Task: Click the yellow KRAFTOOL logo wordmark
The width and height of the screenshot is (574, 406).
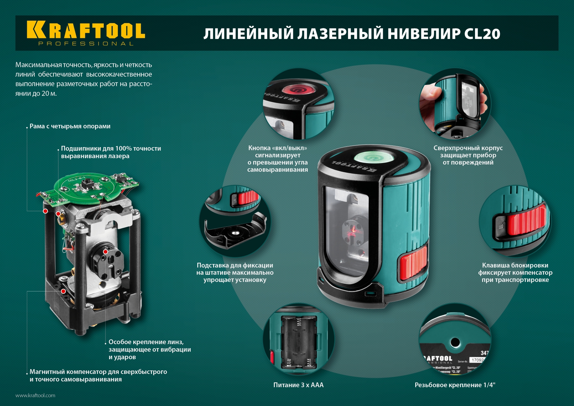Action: (x=86, y=30)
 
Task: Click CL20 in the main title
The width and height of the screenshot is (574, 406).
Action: (x=482, y=34)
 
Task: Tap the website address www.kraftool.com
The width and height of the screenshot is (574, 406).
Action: (x=35, y=395)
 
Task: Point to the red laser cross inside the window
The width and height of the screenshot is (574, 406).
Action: (x=353, y=230)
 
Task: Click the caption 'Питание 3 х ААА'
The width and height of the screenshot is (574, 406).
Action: (x=298, y=385)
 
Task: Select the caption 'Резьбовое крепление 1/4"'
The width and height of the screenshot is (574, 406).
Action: (x=455, y=385)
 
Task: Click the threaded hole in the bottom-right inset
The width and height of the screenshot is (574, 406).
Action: (x=455, y=342)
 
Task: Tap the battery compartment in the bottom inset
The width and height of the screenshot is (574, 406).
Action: (x=298, y=343)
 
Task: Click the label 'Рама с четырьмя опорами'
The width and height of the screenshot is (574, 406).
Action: (x=70, y=126)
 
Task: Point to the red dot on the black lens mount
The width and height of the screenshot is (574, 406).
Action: (x=106, y=252)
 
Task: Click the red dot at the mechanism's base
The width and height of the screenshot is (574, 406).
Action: (x=63, y=291)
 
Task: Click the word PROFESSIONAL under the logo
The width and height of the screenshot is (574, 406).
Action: (x=86, y=44)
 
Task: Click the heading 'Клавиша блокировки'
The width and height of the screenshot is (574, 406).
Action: (x=515, y=265)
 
